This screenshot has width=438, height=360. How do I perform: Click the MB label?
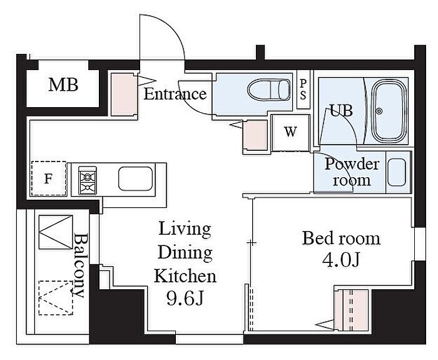coord(63,85)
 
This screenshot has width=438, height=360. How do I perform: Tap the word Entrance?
coord(175,94)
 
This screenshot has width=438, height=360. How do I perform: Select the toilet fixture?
coord(269,90)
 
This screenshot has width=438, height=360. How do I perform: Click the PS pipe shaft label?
coord(303,90)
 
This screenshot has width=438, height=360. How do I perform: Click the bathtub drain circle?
coord(379,111)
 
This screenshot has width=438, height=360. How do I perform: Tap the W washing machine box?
coord(290,133)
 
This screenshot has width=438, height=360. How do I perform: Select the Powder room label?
coord(352,172)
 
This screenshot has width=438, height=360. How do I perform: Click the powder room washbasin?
coord(397,172)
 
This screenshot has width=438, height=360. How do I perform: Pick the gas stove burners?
coord(88,180)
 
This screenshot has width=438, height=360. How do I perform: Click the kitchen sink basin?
coord(136,179)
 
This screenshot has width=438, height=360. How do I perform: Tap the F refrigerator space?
coord(49,178)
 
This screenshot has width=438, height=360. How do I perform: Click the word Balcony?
coord(81,266)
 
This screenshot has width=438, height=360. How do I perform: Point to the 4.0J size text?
coord(341,260)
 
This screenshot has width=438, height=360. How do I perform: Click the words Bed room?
coord(341,239)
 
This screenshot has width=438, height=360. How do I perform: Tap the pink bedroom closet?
coord(352,311)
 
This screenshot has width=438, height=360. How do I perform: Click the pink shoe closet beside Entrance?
coord(123,94)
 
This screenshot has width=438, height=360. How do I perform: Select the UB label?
coord(342,110)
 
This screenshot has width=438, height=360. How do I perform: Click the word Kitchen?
coord(185,276)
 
